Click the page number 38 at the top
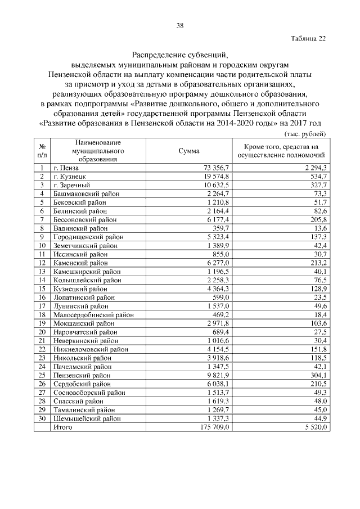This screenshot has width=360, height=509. click(179, 26)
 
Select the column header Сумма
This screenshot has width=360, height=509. click(188, 151)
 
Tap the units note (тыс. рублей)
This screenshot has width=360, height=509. click(303, 134)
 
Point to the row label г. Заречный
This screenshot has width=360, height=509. click(72, 185)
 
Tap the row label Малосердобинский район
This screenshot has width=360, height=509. click(93, 315)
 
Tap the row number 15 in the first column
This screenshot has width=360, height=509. click(42, 289)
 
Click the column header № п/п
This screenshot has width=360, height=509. click(42, 150)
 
